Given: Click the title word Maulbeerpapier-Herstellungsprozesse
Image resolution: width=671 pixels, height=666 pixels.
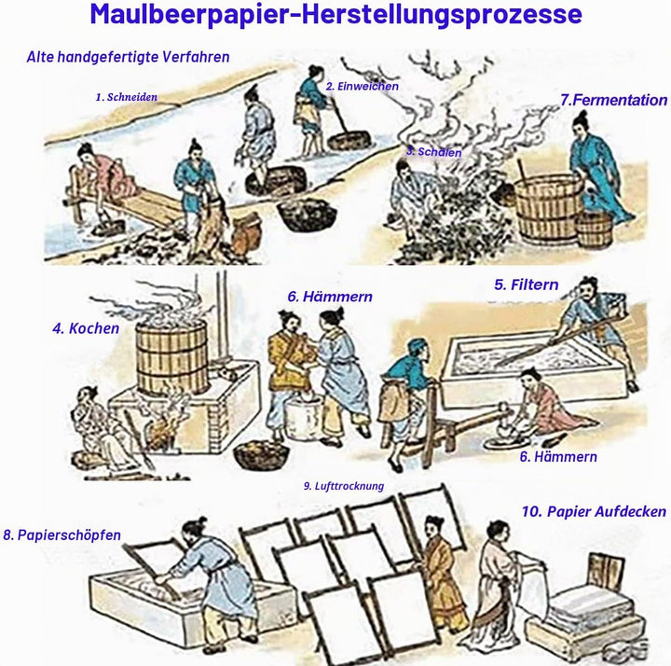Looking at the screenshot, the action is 335,14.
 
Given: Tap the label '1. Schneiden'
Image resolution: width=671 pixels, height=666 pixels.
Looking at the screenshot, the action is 126,97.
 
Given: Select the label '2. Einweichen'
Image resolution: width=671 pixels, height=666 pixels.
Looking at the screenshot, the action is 362,86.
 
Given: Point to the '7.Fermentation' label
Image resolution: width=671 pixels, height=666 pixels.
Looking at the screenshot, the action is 613,100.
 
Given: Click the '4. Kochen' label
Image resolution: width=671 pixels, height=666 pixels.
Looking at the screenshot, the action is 86,328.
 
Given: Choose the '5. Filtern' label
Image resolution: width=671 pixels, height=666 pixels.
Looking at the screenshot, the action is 527,284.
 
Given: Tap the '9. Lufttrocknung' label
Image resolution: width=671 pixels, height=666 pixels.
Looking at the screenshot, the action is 344,486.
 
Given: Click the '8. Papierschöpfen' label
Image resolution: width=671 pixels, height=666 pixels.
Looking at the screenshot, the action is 62,535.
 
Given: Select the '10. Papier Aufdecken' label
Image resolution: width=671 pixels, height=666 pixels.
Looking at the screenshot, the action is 594,511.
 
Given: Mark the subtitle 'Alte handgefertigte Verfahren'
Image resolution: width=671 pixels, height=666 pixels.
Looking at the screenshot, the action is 128,57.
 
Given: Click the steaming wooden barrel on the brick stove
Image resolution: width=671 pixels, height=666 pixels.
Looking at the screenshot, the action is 172,356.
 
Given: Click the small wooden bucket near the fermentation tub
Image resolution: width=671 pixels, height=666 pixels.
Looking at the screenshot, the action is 594,229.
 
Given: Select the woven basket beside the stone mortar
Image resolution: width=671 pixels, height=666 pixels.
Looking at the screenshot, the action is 261,455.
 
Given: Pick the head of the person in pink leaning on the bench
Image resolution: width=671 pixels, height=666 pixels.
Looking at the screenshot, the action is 87,153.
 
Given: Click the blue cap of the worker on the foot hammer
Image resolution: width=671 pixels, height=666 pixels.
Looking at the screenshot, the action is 417,345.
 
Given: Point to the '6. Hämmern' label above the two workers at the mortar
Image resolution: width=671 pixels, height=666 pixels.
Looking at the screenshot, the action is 330,297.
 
